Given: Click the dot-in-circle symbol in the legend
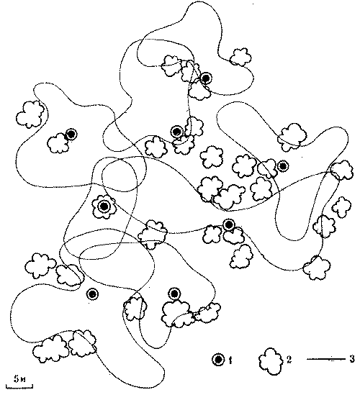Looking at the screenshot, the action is pos(218,360).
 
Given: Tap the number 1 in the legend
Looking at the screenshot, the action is pos(230,360).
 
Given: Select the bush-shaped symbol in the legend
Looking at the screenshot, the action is pos(271,361).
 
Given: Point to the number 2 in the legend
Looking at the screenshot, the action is pos(289,360).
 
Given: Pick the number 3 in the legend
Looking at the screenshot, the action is pos(352,359).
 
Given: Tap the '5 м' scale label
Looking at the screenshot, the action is pos(19,379).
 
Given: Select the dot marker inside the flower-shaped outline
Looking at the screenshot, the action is pos(104,206).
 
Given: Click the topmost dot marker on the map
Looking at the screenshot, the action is pos(206,78).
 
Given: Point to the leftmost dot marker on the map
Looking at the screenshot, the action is pos(71,135).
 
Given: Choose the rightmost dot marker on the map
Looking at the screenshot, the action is pos(283,165).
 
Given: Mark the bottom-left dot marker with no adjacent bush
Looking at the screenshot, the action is pos(93,294).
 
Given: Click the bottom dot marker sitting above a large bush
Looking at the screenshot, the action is pos(174,294).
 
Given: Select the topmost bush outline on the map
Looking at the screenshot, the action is pos(240,57).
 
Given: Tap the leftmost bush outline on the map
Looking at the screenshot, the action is pos(30,114).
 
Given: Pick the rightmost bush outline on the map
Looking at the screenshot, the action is pos(342,171).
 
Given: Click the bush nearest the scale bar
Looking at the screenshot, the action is pos(51,349).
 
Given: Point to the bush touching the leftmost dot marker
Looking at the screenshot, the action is pos(58,143).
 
